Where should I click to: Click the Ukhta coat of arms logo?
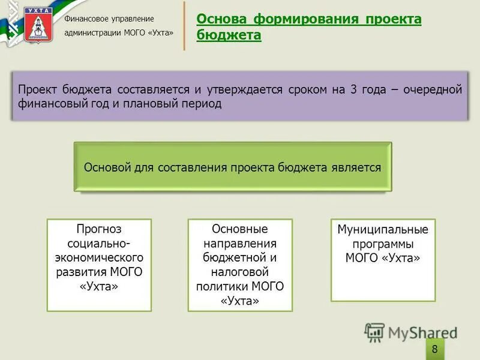38,24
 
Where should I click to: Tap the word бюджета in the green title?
229,36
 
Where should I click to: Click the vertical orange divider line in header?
184,26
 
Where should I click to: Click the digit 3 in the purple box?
354,89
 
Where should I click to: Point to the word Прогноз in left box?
99,229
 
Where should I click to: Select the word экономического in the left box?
99,258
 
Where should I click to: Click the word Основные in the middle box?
240,229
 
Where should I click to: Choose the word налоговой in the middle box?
240,272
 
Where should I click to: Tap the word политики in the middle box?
222,286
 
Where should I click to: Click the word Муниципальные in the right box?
383,230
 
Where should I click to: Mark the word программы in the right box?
383,244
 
